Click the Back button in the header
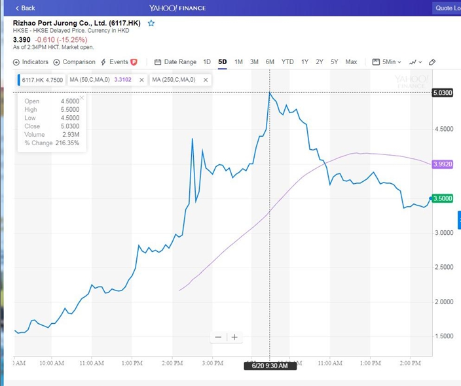point(25,8)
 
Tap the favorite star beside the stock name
point(151,23)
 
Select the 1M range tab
point(238,62)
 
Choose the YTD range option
point(287,62)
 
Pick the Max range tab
point(351,62)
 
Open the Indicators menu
point(31,62)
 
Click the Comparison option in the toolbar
point(75,62)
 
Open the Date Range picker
point(175,62)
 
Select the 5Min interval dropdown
point(386,62)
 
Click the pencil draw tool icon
point(432,62)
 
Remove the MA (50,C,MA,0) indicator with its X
point(141,80)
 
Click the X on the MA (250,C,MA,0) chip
point(206,80)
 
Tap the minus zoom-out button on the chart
point(218,337)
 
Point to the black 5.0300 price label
point(443,93)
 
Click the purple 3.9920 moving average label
point(443,164)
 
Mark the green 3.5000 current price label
point(443,199)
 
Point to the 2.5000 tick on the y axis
point(444,267)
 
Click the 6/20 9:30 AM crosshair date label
point(270,366)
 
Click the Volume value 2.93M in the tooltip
point(71,135)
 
